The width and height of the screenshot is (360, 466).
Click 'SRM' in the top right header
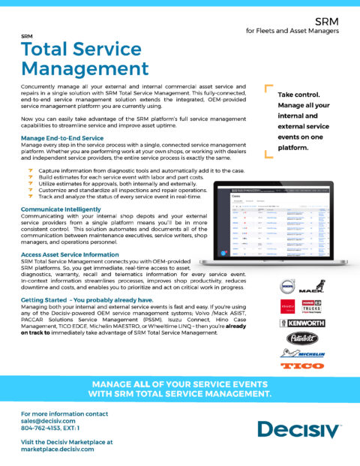(x=327, y=23)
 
